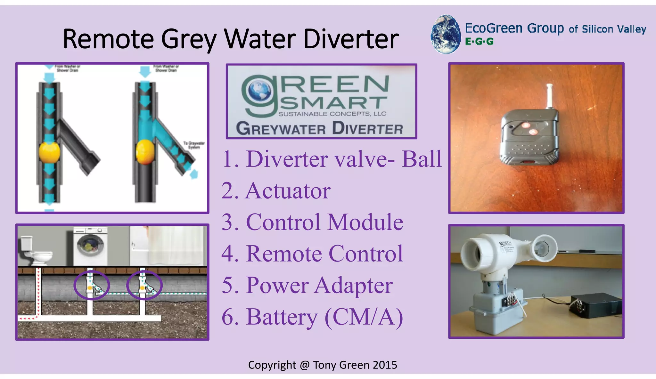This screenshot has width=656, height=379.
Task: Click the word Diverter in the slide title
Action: pyautogui.click(x=351, y=39)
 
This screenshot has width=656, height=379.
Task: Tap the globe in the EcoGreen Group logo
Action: pyautogui.click(x=446, y=34)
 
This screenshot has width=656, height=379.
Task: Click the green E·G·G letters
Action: pyautogui.click(x=479, y=42)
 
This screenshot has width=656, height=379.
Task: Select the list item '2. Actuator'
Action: pyautogui.click(x=276, y=191)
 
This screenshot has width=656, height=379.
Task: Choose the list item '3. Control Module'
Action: pyautogui.click(x=312, y=222)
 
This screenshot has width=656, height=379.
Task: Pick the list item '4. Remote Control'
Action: pyautogui.click(x=312, y=254)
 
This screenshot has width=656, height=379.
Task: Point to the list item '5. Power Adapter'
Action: pyautogui.click(x=307, y=285)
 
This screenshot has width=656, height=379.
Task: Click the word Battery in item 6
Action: pyautogui.click(x=282, y=317)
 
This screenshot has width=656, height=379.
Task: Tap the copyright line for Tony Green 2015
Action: pyautogui.click(x=323, y=365)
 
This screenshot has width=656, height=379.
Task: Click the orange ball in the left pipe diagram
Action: pyautogui.click(x=49, y=153)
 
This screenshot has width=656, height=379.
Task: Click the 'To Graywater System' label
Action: pyautogui.click(x=194, y=145)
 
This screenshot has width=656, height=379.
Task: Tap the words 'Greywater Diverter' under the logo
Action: pyautogui.click(x=319, y=129)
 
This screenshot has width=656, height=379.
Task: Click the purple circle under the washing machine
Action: pyautogui.click(x=92, y=285)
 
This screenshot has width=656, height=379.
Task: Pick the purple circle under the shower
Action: pyautogui.click(x=144, y=285)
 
